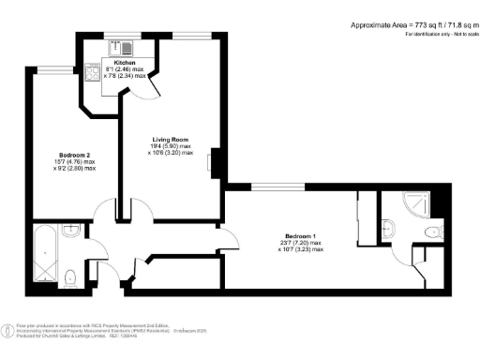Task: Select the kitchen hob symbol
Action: [x=93, y=71]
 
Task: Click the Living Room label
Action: [x=172, y=138]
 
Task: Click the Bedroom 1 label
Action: [x=301, y=234]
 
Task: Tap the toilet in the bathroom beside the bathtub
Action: [x=72, y=275]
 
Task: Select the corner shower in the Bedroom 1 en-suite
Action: [x=413, y=203]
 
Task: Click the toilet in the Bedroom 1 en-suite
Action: [x=432, y=231]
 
